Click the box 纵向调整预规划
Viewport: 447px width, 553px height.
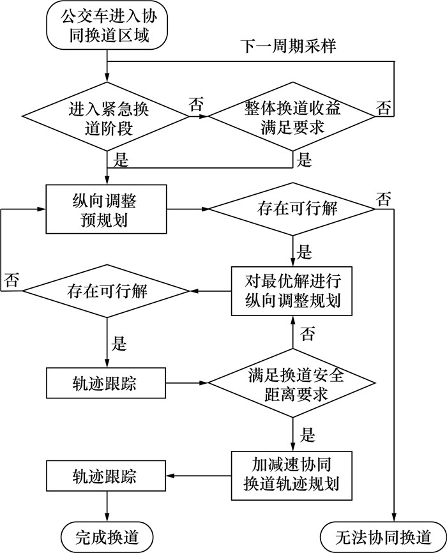point(107,209)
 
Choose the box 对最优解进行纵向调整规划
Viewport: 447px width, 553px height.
point(292,291)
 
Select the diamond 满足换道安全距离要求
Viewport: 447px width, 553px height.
point(292,384)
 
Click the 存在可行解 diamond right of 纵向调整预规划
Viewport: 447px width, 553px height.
point(292,209)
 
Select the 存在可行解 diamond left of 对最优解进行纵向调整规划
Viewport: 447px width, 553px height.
point(107,291)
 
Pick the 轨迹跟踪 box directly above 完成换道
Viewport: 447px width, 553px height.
point(107,476)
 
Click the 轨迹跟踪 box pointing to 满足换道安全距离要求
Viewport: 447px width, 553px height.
point(107,384)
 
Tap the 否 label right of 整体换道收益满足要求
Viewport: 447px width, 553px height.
point(384,107)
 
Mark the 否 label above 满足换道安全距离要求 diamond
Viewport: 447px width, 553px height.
point(307,333)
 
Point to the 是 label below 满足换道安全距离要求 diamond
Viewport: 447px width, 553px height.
point(307,437)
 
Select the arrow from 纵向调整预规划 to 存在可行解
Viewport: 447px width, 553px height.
point(188,209)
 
